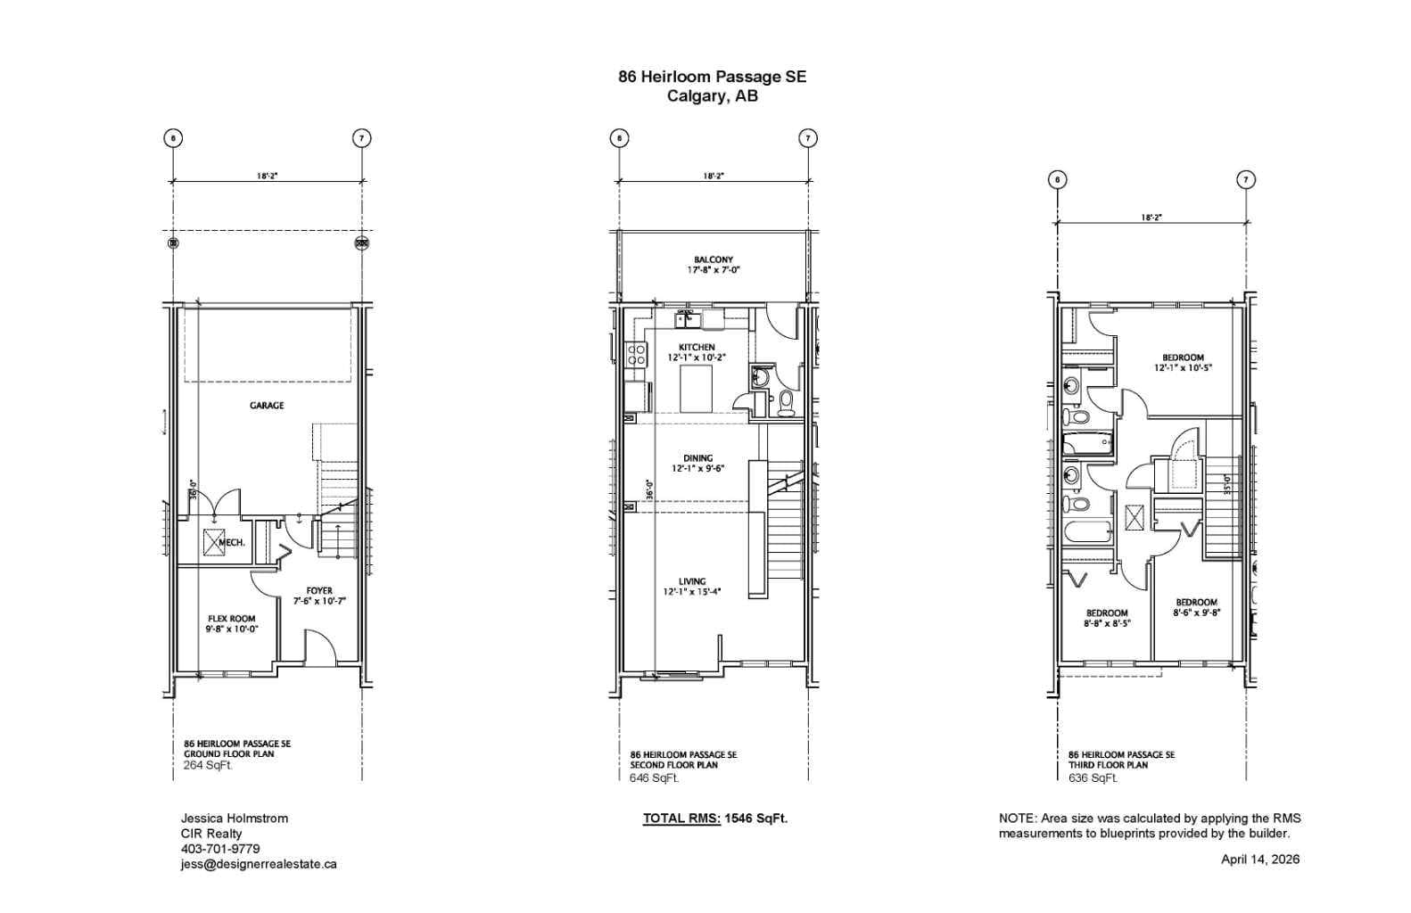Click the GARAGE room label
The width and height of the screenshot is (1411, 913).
point(267,406)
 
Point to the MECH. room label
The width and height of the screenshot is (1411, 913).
point(231,542)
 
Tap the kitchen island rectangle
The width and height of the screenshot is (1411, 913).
point(696,389)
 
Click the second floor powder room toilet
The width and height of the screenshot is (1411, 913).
point(786,403)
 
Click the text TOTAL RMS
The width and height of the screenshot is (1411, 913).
point(681,818)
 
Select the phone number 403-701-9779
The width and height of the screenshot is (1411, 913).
point(220,849)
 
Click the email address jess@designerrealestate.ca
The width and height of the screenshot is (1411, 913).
point(259,864)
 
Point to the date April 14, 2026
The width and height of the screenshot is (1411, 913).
point(1259,860)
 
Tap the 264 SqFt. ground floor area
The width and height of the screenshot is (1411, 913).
point(208,766)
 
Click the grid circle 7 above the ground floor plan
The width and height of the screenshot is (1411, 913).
point(361,138)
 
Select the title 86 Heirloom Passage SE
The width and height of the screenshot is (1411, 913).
point(713,77)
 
